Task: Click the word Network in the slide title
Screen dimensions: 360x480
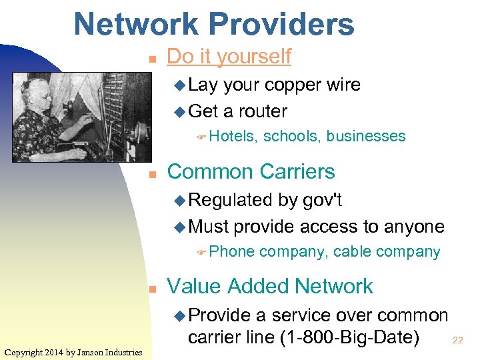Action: coord(137,24)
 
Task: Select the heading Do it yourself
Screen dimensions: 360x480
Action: coord(229,57)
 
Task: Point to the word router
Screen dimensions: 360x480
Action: coord(262,111)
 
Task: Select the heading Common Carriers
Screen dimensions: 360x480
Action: coord(251,171)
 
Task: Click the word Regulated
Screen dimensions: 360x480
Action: coord(231,200)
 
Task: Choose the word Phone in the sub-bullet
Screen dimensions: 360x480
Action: coord(232,251)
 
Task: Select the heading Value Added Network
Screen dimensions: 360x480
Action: coord(270,286)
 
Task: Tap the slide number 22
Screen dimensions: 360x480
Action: coord(458,340)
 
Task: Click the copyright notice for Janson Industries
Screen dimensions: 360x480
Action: coord(73,352)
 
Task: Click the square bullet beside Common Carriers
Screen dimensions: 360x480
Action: coord(152,174)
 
